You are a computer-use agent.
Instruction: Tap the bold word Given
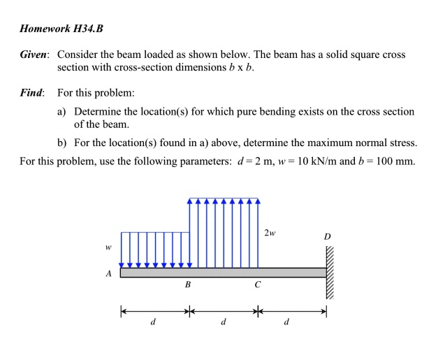point(32,55)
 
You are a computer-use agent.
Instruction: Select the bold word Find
point(31,93)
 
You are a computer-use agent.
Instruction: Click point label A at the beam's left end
point(109,273)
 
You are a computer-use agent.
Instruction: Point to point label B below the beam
point(187,286)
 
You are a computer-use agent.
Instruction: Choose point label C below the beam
point(258,286)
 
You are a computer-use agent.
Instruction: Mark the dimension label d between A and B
point(153,323)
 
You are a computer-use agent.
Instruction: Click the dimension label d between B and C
point(222,323)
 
